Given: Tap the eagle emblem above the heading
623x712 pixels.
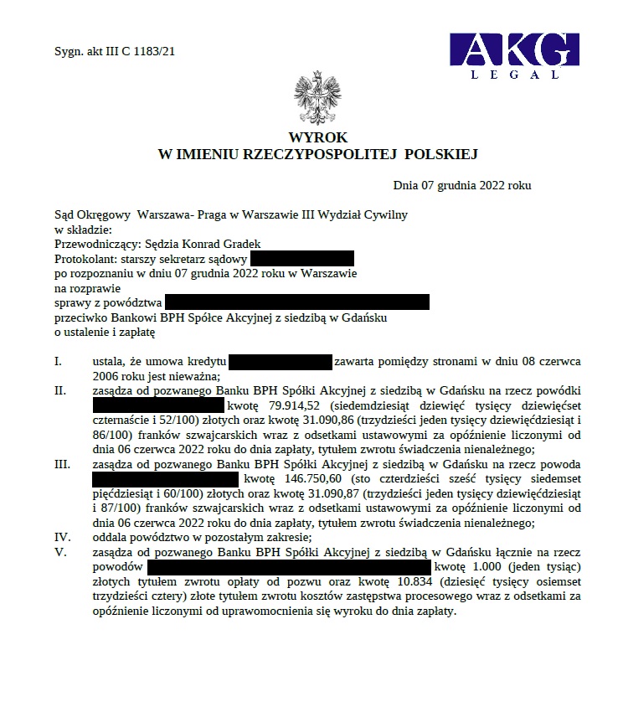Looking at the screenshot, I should point(311,99).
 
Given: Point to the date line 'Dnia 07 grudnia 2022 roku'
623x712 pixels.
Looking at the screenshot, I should point(462,185).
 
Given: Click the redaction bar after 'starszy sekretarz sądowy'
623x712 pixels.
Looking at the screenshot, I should point(301,259).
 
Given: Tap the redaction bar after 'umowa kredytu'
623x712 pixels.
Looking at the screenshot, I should point(281,362).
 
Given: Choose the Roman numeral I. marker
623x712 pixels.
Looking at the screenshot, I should point(59,362).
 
